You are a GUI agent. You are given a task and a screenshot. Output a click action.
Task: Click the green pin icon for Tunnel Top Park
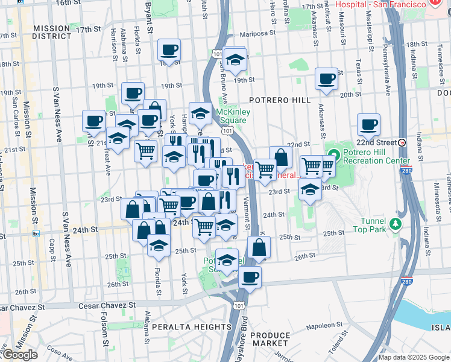point(396,224)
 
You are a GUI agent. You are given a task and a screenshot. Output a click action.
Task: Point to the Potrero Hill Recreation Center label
point(377,156)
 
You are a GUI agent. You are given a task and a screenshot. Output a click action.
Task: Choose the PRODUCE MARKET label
point(271,339)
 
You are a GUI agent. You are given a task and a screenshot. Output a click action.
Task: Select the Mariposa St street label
point(257,35)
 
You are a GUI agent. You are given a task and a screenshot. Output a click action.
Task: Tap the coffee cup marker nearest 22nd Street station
point(368,124)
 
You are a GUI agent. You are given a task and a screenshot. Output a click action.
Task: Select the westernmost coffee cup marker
point(94,121)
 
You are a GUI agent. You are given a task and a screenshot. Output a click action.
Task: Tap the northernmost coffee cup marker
point(169,50)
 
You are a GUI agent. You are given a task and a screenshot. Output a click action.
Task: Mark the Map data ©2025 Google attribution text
point(414,357)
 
